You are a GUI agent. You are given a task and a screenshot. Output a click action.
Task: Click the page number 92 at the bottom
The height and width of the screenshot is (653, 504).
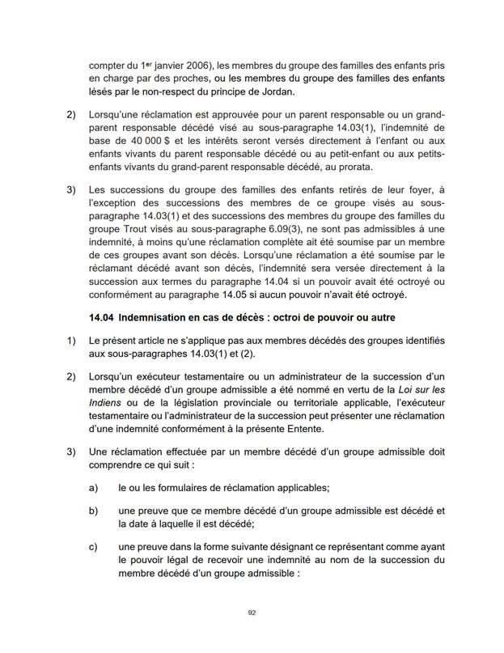click(x=252, y=613)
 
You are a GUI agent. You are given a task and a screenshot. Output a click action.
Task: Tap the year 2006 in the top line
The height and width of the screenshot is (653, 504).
click(x=198, y=65)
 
